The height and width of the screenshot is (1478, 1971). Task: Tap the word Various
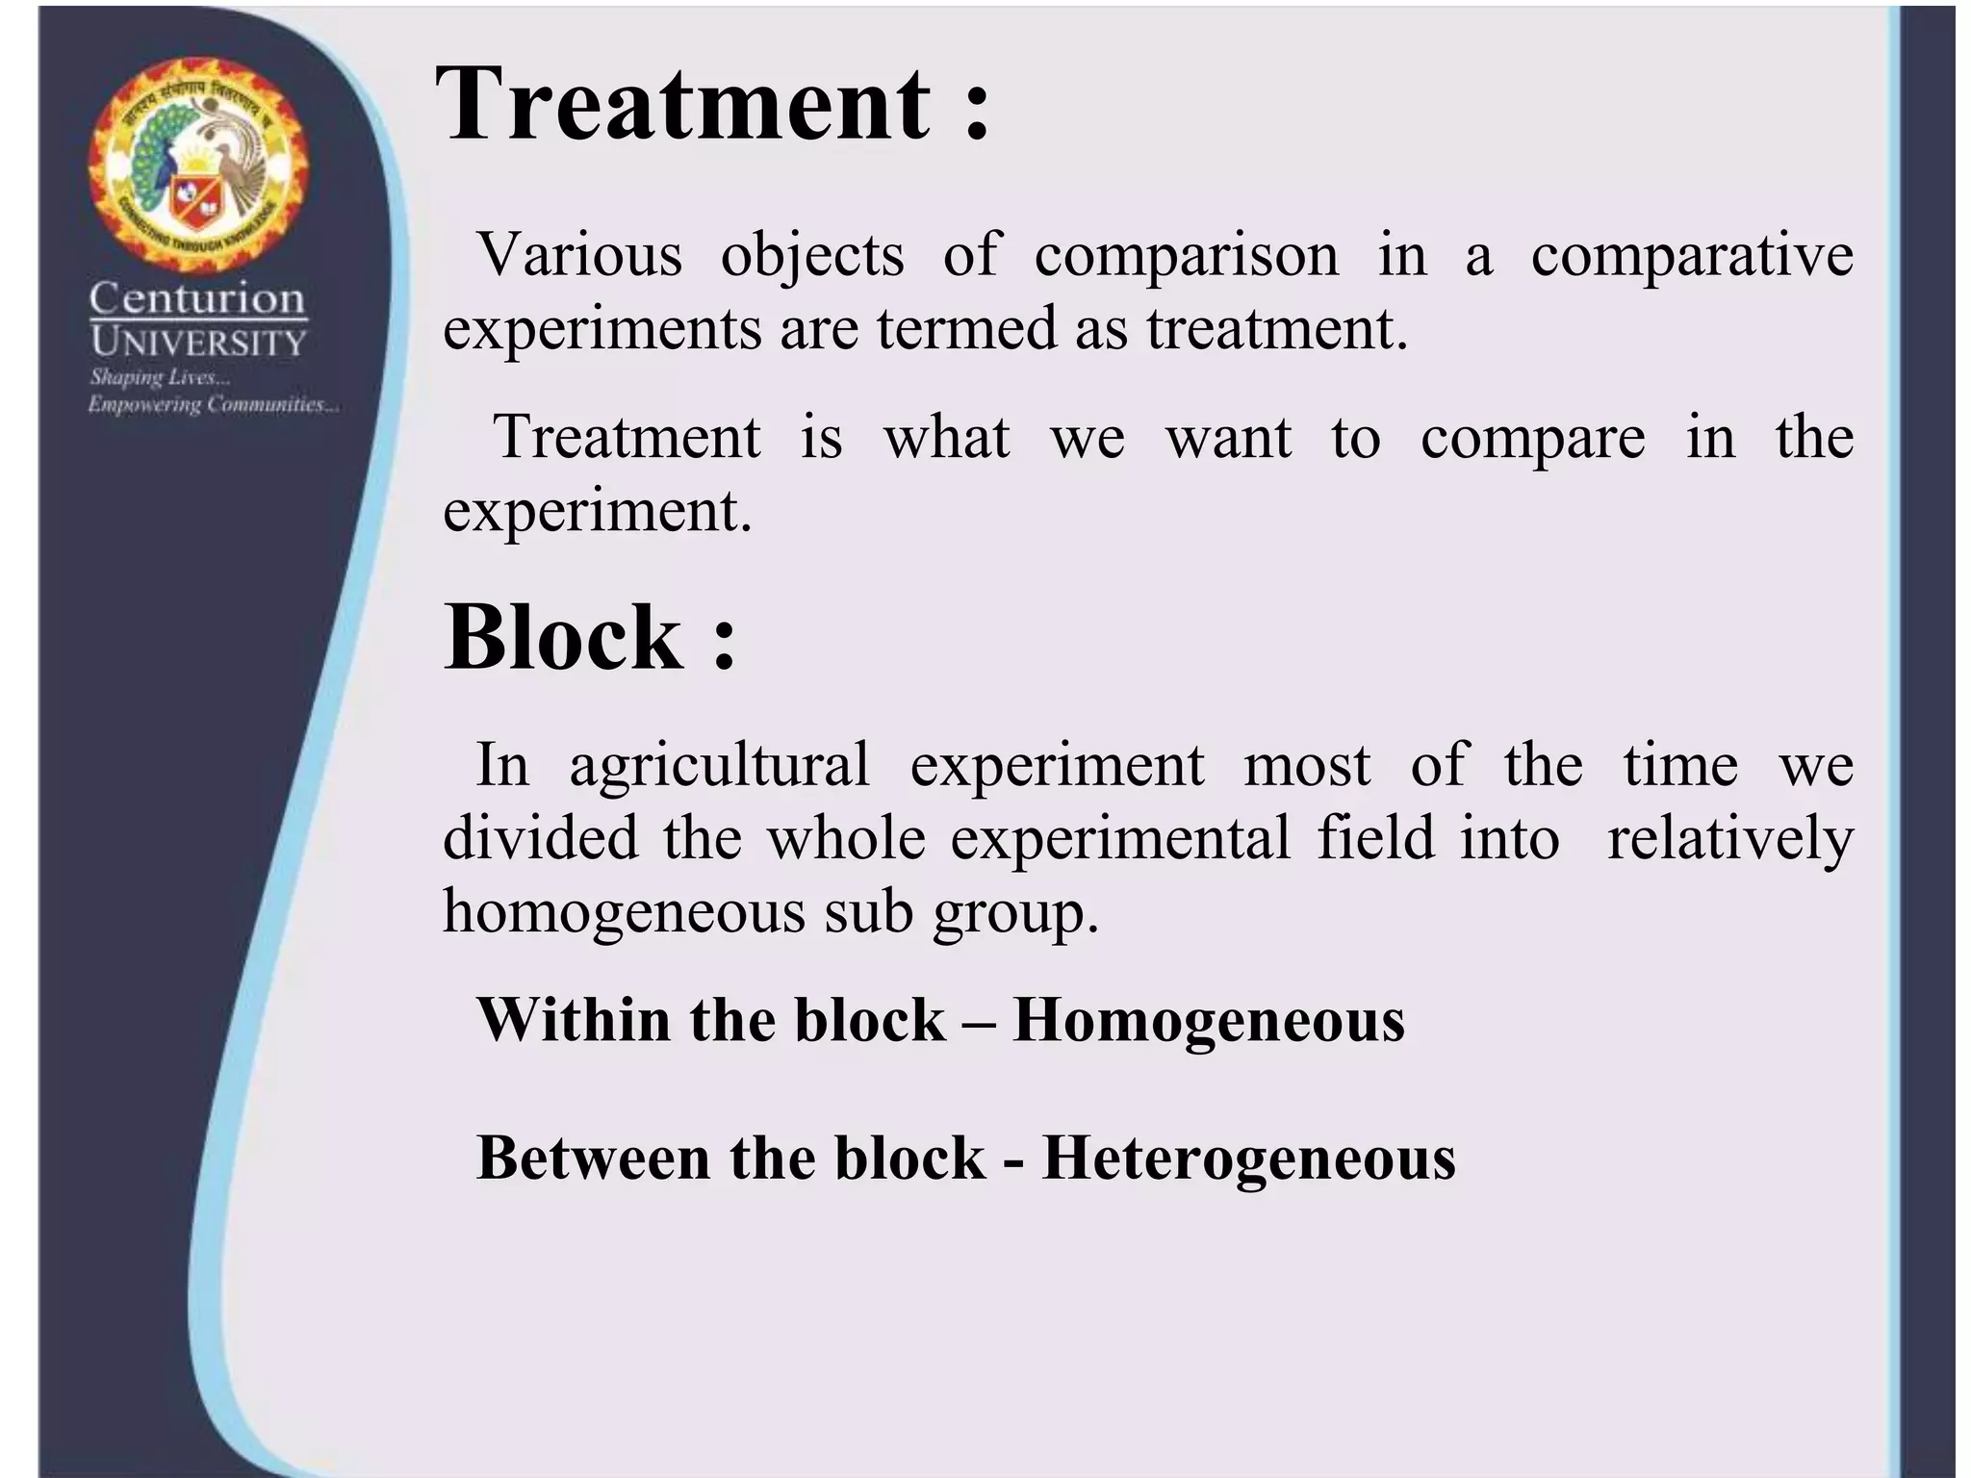(580, 255)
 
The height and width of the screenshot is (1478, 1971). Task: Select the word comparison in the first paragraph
(1186, 255)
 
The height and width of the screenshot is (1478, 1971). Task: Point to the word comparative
(1691, 255)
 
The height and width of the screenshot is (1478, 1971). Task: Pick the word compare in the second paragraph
(1532, 438)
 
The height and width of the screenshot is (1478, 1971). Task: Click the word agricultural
(719, 765)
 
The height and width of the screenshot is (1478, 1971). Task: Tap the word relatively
(1729, 837)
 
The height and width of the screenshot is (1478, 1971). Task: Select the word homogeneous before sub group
(623, 910)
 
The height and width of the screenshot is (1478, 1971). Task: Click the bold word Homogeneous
(1209, 1020)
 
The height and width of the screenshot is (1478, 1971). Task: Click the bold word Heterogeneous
(1248, 1158)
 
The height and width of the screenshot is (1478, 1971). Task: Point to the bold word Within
(574, 1020)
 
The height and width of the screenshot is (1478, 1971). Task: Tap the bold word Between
(594, 1158)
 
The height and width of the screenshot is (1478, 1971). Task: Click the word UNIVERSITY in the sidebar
(197, 342)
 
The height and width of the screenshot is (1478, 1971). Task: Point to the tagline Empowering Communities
(213, 404)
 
